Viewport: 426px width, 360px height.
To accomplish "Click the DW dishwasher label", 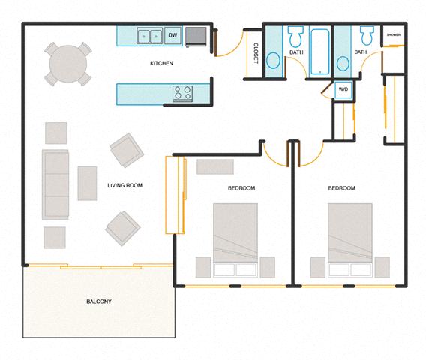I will [172, 35].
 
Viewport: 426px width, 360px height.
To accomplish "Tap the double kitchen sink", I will [148, 35].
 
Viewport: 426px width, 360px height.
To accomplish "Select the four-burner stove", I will [182, 93].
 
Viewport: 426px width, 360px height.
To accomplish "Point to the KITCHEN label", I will [161, 64].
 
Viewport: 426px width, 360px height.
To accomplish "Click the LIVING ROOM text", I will [124, 185].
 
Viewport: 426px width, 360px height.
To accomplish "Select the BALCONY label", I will [98, 301].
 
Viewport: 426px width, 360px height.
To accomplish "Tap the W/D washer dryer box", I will [343, 89].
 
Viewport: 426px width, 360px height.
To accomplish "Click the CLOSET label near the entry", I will [256, 52].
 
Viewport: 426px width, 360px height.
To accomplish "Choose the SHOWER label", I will [394, 35].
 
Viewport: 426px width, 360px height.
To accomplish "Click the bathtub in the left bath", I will [319, 51].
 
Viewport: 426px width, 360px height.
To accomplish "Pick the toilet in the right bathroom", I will [366, 36].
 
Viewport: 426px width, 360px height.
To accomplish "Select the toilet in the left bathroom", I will [295, 36].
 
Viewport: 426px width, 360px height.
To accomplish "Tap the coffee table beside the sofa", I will [87, 183].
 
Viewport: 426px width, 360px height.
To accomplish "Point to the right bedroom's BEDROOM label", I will [341, 188].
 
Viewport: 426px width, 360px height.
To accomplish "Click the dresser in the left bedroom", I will [215, 166].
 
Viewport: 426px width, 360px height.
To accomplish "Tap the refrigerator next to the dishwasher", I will [196, 36].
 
